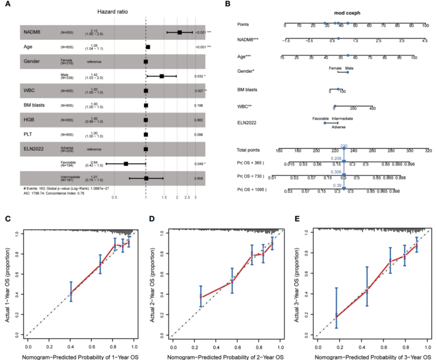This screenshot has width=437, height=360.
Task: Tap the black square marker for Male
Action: [x=161, y=76]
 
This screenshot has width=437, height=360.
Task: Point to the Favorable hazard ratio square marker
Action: [x=126, y=164]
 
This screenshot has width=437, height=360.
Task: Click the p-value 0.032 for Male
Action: [x=199, y=76]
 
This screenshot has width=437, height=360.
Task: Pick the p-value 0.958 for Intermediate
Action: [x=199, y=178]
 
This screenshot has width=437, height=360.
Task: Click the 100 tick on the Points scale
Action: [x=427, y=26]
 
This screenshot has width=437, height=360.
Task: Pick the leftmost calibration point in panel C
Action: [x=71, y=292]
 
